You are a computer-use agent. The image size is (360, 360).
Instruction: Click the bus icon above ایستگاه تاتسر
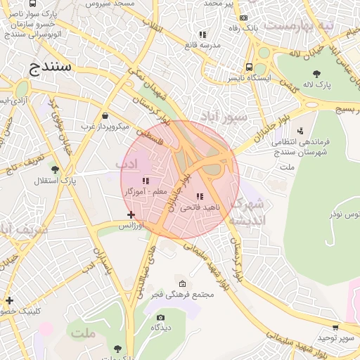click(249, 67)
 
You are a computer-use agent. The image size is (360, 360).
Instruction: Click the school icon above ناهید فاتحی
click(200, 196)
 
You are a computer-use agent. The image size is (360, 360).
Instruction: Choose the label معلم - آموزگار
click(146, 191)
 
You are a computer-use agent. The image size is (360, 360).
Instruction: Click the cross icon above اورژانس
click(131, 214)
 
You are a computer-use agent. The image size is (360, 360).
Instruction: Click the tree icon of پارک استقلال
click(55, 169)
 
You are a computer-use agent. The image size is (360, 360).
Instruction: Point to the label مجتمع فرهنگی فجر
click(182, 294)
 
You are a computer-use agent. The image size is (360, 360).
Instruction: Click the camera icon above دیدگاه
click(161, 318)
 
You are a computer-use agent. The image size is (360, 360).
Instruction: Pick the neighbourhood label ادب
click(125, 163)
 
